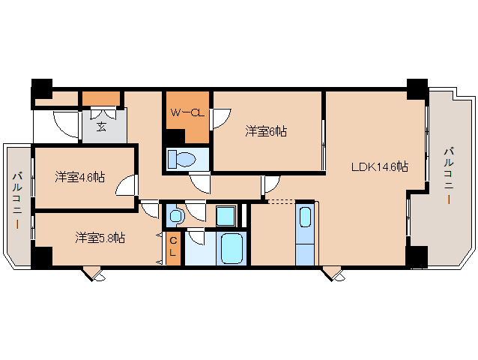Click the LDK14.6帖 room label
[x=380, y=166]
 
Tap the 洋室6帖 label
[x=266, y=132]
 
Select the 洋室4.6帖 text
[x=79, y=178]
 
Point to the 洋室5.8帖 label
[x=100, y=238]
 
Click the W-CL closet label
[x=187, y=114]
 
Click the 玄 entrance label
[x=100, y=125]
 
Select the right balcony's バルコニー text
[x=449, y=177]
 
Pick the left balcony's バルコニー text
[x=16, y=204]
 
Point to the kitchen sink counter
[x=305, y=232]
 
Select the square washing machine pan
[x=225, y=216]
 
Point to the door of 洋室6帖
[x=221, y=118]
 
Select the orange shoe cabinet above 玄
[x=101, y=98]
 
